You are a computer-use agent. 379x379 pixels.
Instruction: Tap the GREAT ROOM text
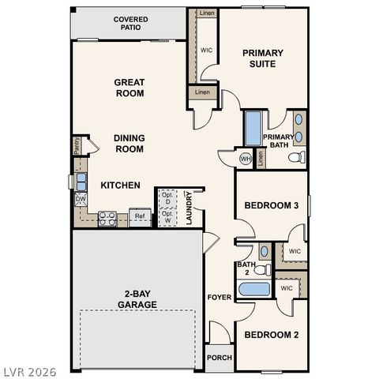coord(129,88)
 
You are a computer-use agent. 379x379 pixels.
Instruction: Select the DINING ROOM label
coord(129,143)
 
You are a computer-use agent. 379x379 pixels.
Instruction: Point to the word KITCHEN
coord(120,186)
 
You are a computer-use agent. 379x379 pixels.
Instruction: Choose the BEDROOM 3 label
coord(271,206)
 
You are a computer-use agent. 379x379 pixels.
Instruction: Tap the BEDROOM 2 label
coord(271,335)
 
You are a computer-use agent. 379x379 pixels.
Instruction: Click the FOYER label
coord(219,298)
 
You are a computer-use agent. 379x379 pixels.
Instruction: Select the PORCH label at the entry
coord(219,358)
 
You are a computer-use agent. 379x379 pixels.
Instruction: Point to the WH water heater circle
coord(246,159)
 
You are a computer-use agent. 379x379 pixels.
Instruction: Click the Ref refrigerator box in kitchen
coord(140,216)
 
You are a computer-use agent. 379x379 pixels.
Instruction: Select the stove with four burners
coord(108,219)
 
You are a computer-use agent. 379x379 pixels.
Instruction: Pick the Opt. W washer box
coord(167,215)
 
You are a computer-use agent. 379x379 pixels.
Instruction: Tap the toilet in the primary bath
coord(297,158)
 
